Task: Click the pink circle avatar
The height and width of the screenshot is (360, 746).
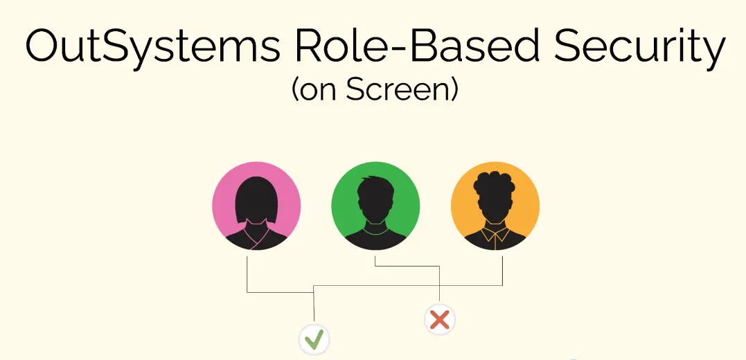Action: click(256, 206)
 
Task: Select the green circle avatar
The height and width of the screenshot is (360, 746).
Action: click(375, 206)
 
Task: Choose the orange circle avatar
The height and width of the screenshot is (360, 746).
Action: click(495, 206)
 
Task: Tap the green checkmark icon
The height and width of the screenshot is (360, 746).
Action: click(314, 339)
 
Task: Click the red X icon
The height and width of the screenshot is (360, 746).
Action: click(440, 320)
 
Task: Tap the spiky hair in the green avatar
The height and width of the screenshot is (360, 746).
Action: click(375, 186)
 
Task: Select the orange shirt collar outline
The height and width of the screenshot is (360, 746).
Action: click(495, 235)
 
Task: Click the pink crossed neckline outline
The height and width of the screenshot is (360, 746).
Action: click(256, 235)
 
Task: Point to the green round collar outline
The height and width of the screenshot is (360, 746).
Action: click(375, 230)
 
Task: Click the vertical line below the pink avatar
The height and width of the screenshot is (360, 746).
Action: click(247, 274)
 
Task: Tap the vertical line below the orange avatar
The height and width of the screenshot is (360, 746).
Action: click(502, 271)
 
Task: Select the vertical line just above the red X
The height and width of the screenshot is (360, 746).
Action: click(440, 284)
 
